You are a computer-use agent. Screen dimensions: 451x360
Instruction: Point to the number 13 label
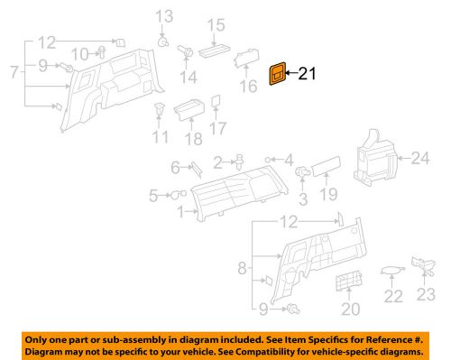tap(162, 16)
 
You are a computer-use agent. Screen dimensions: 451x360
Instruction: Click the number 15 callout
tap(216, 24)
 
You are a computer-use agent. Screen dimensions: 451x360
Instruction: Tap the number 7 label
tap(12, 70)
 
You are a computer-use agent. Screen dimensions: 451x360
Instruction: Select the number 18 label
tap(194, 137)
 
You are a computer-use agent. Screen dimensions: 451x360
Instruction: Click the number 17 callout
tap(217, 129)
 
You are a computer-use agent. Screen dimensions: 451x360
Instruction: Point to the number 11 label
tap(161, 137)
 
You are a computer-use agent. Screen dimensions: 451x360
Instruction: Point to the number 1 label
tap(180, 213)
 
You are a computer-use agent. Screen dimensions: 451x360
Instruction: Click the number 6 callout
tap(175, 166)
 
